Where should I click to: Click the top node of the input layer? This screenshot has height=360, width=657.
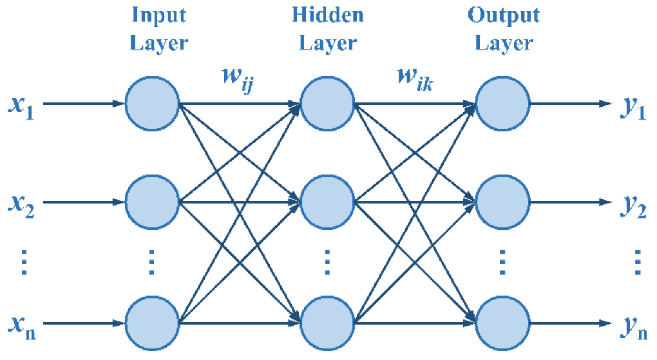[x=152, y=103]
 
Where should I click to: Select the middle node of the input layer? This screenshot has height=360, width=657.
[x=152, y=202]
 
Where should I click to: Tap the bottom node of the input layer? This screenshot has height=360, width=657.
[x=152, y=321]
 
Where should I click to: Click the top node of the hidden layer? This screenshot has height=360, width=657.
[x=327, y=103]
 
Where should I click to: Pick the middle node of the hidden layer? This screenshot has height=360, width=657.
[x=327, y=202]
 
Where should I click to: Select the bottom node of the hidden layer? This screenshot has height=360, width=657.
[x=327, y=321]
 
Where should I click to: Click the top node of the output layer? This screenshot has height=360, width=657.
[x=502, y=103]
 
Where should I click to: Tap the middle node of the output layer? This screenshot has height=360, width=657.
[x=502, y=202]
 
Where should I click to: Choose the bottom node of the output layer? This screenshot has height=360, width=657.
[x=502, y=321]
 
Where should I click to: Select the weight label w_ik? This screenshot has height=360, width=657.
[x=412, y=82]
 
